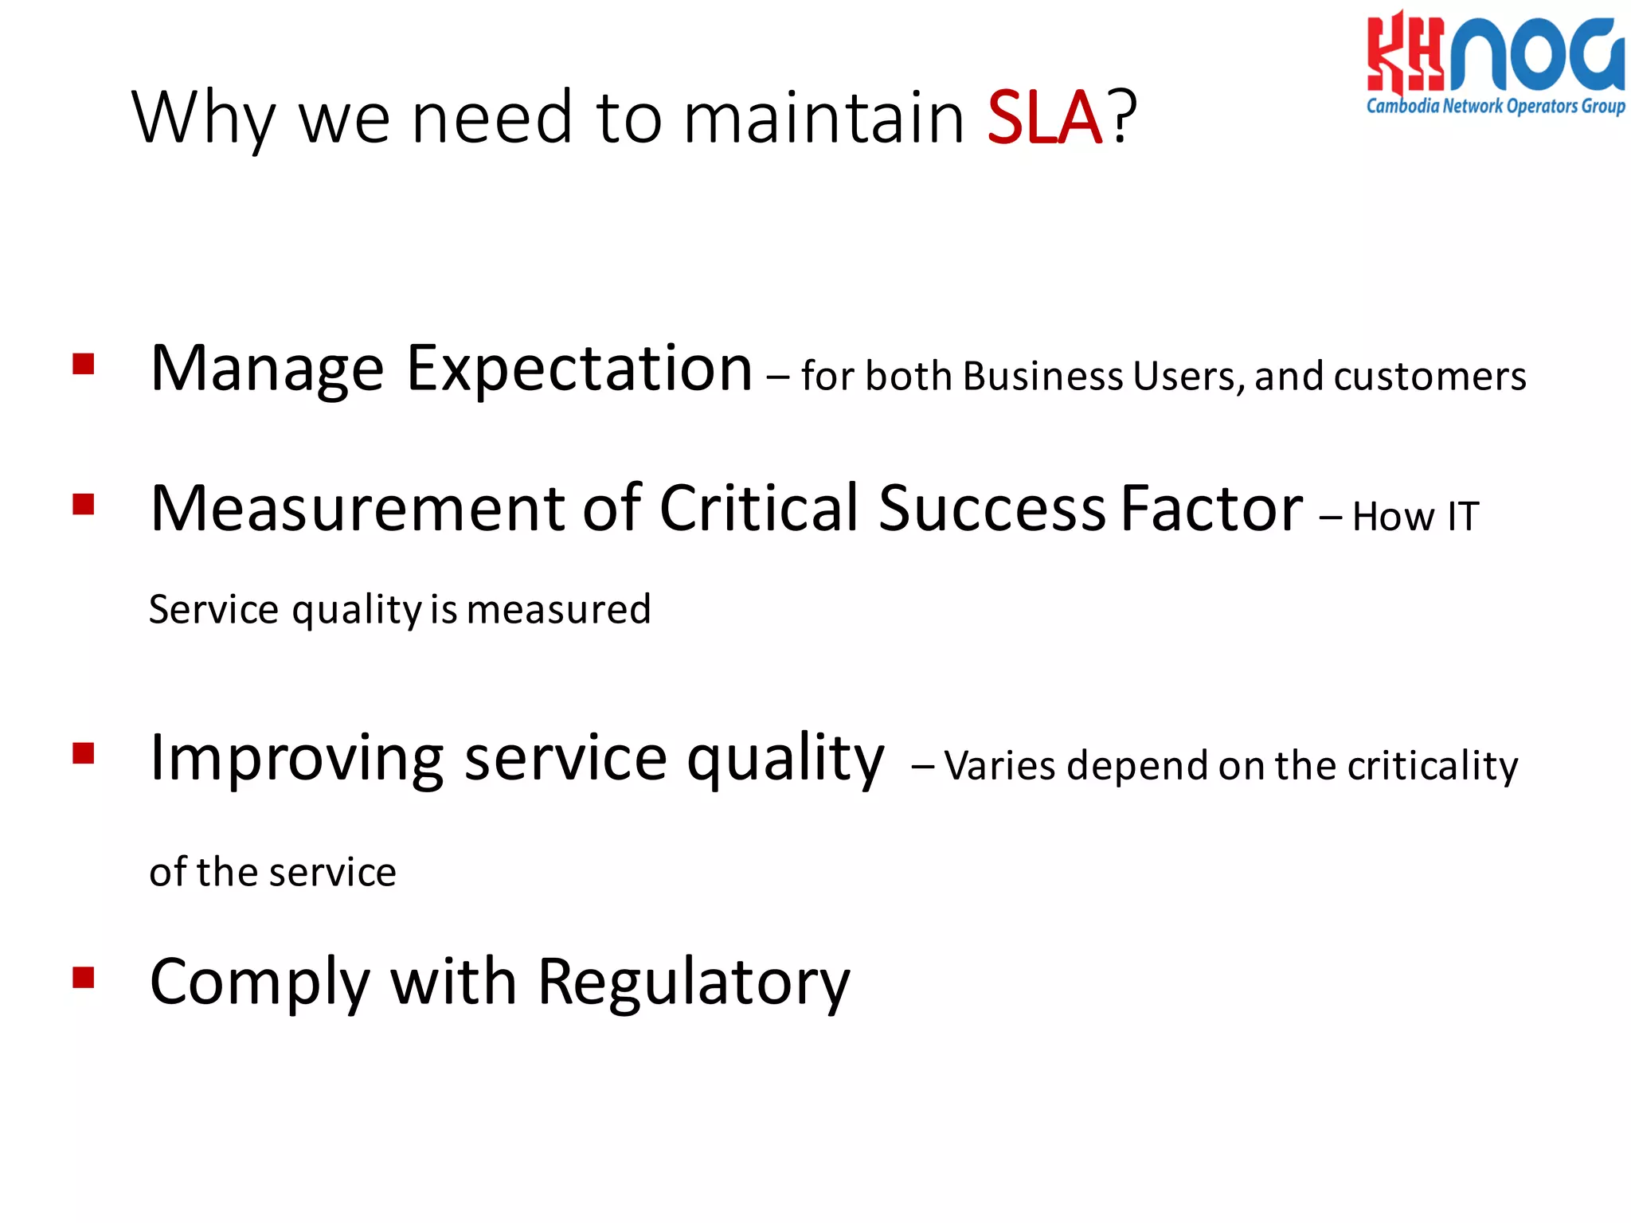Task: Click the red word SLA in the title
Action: pos(1044,118)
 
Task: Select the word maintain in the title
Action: pos(823,118)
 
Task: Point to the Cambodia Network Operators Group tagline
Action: pos(1496,107)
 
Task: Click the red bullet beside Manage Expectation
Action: pos(84,364)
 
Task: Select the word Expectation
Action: pos(579,369)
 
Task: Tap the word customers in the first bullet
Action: pos(1430,376)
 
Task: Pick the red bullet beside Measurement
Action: pos(84,505)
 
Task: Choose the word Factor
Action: pos(1211,508)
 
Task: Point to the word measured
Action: pos(559,610)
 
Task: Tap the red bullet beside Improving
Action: pos(84,753)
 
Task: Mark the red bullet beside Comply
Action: pos(84,977)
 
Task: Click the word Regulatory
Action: pos(694,983)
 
